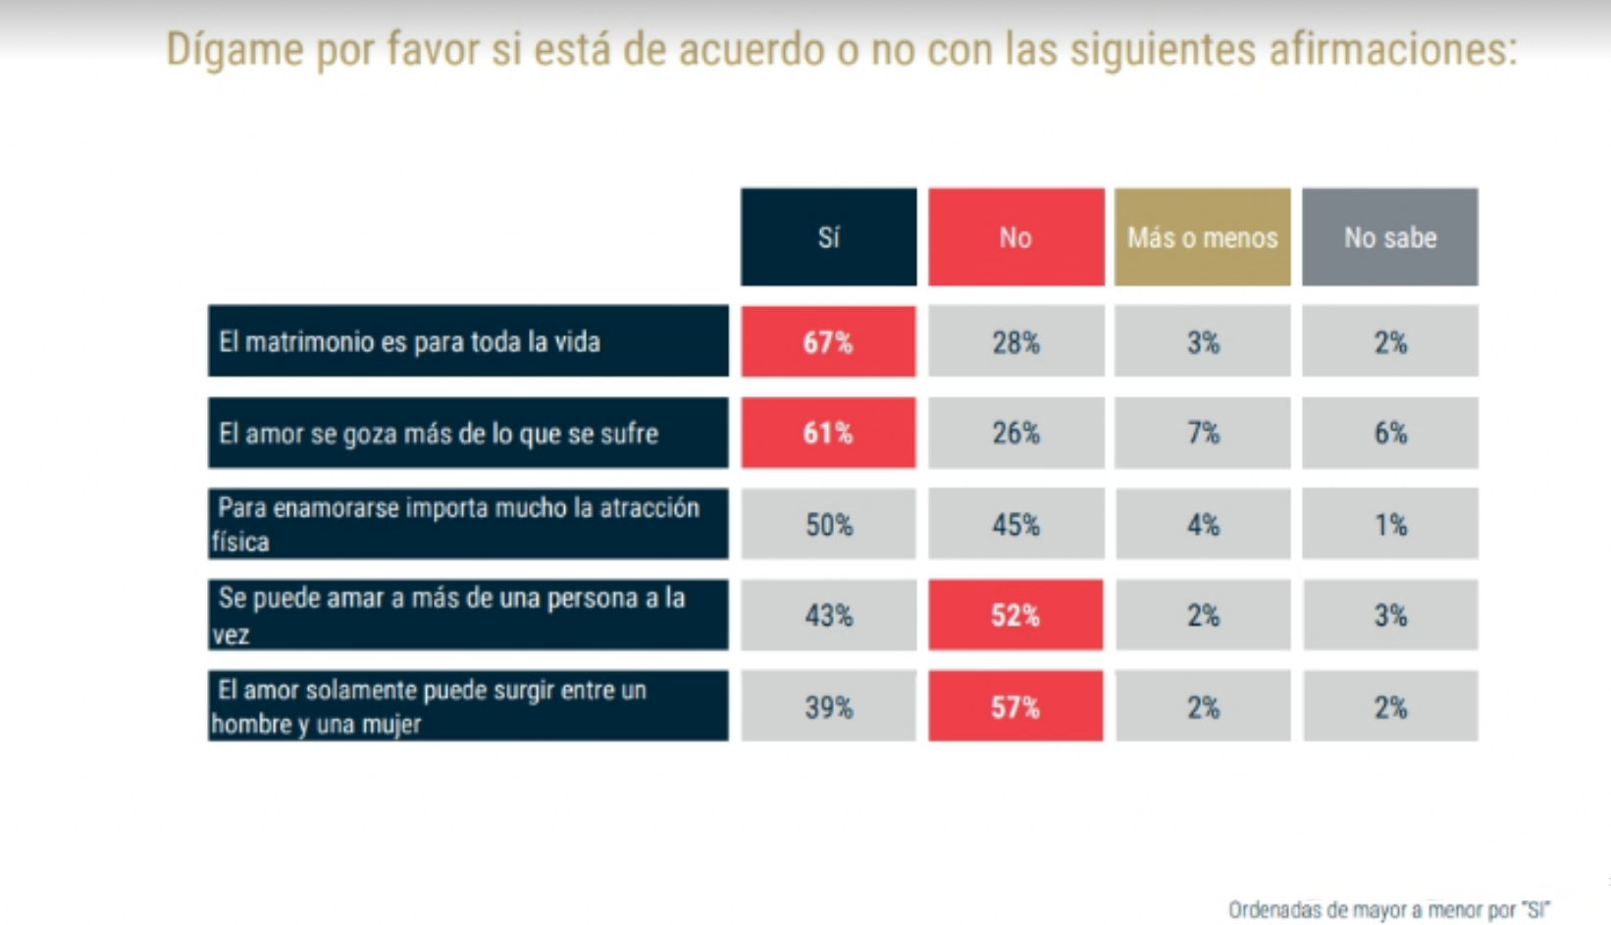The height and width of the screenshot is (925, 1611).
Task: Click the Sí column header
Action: (x=828, y=237)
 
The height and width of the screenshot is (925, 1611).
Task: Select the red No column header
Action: (x=1015, y=237)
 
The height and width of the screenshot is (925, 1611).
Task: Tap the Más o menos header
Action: (x=1202, y=237)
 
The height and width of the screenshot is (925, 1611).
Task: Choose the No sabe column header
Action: (x=1389, y=237)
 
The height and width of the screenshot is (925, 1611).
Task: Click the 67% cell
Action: (x=828, y=341)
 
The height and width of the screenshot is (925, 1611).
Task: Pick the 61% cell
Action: (x=828, y=433)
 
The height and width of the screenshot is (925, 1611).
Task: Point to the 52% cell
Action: (x=1015, y=615)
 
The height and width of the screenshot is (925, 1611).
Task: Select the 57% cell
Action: (x=1015, y=706)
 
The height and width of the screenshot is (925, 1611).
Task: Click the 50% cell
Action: (x=828, y=525)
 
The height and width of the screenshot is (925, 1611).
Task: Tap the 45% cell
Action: (x=1015, y=525)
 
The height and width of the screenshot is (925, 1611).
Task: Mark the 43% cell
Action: (x=828, y=615)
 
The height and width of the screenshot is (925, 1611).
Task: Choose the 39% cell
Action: (x=828, y=706)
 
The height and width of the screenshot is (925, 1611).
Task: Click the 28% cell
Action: (x=1015, y=341)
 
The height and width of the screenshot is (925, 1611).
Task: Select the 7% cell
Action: (x=1203, y=433)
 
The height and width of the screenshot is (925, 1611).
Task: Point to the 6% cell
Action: (x=1389, y=433)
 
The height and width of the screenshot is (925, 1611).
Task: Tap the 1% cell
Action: (x=1389, y=525)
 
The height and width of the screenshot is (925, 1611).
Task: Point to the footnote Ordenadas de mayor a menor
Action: (x=1388, y=910)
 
